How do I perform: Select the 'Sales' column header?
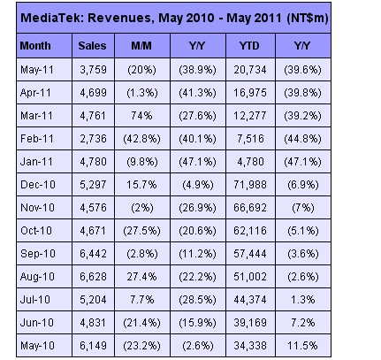click(92, 46)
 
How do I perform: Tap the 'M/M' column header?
click(141, 46)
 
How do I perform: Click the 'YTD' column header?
click(249, 46)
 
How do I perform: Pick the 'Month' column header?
click(35, 46)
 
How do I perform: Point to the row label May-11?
click(37, 70)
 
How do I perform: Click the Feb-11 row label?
click(37, 139)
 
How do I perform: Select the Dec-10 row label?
click(38, 185)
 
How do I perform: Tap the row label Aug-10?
click(37, 277)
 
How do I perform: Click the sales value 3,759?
click(93, 70)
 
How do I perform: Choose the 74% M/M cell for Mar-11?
click(141, 116)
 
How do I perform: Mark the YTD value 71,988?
click(250, 185)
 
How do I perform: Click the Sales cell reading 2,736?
click(93, 139)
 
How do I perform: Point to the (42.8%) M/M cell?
click(142, 139)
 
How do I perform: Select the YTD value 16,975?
click(250, 93)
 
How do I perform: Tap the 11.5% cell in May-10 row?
click(303, 346)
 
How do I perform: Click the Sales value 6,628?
click(93, 277)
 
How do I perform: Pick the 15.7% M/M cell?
click(141, 185)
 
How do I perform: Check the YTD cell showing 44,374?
click(250, 300)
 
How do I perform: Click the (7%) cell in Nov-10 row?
click(303, 208)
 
